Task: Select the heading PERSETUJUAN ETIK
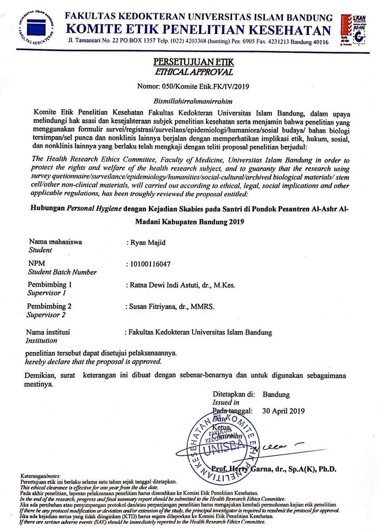(193, 62)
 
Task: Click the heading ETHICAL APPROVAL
(193, 72)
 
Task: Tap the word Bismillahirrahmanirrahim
(193, 101)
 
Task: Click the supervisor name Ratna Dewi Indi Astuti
(165, 285)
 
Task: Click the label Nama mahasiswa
(55, 242)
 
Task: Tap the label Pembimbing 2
(49, 306)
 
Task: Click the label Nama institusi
(48, 332)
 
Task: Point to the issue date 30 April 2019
(283, 411)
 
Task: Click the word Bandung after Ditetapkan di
(276, 394)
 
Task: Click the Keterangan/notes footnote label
(40, 476)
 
